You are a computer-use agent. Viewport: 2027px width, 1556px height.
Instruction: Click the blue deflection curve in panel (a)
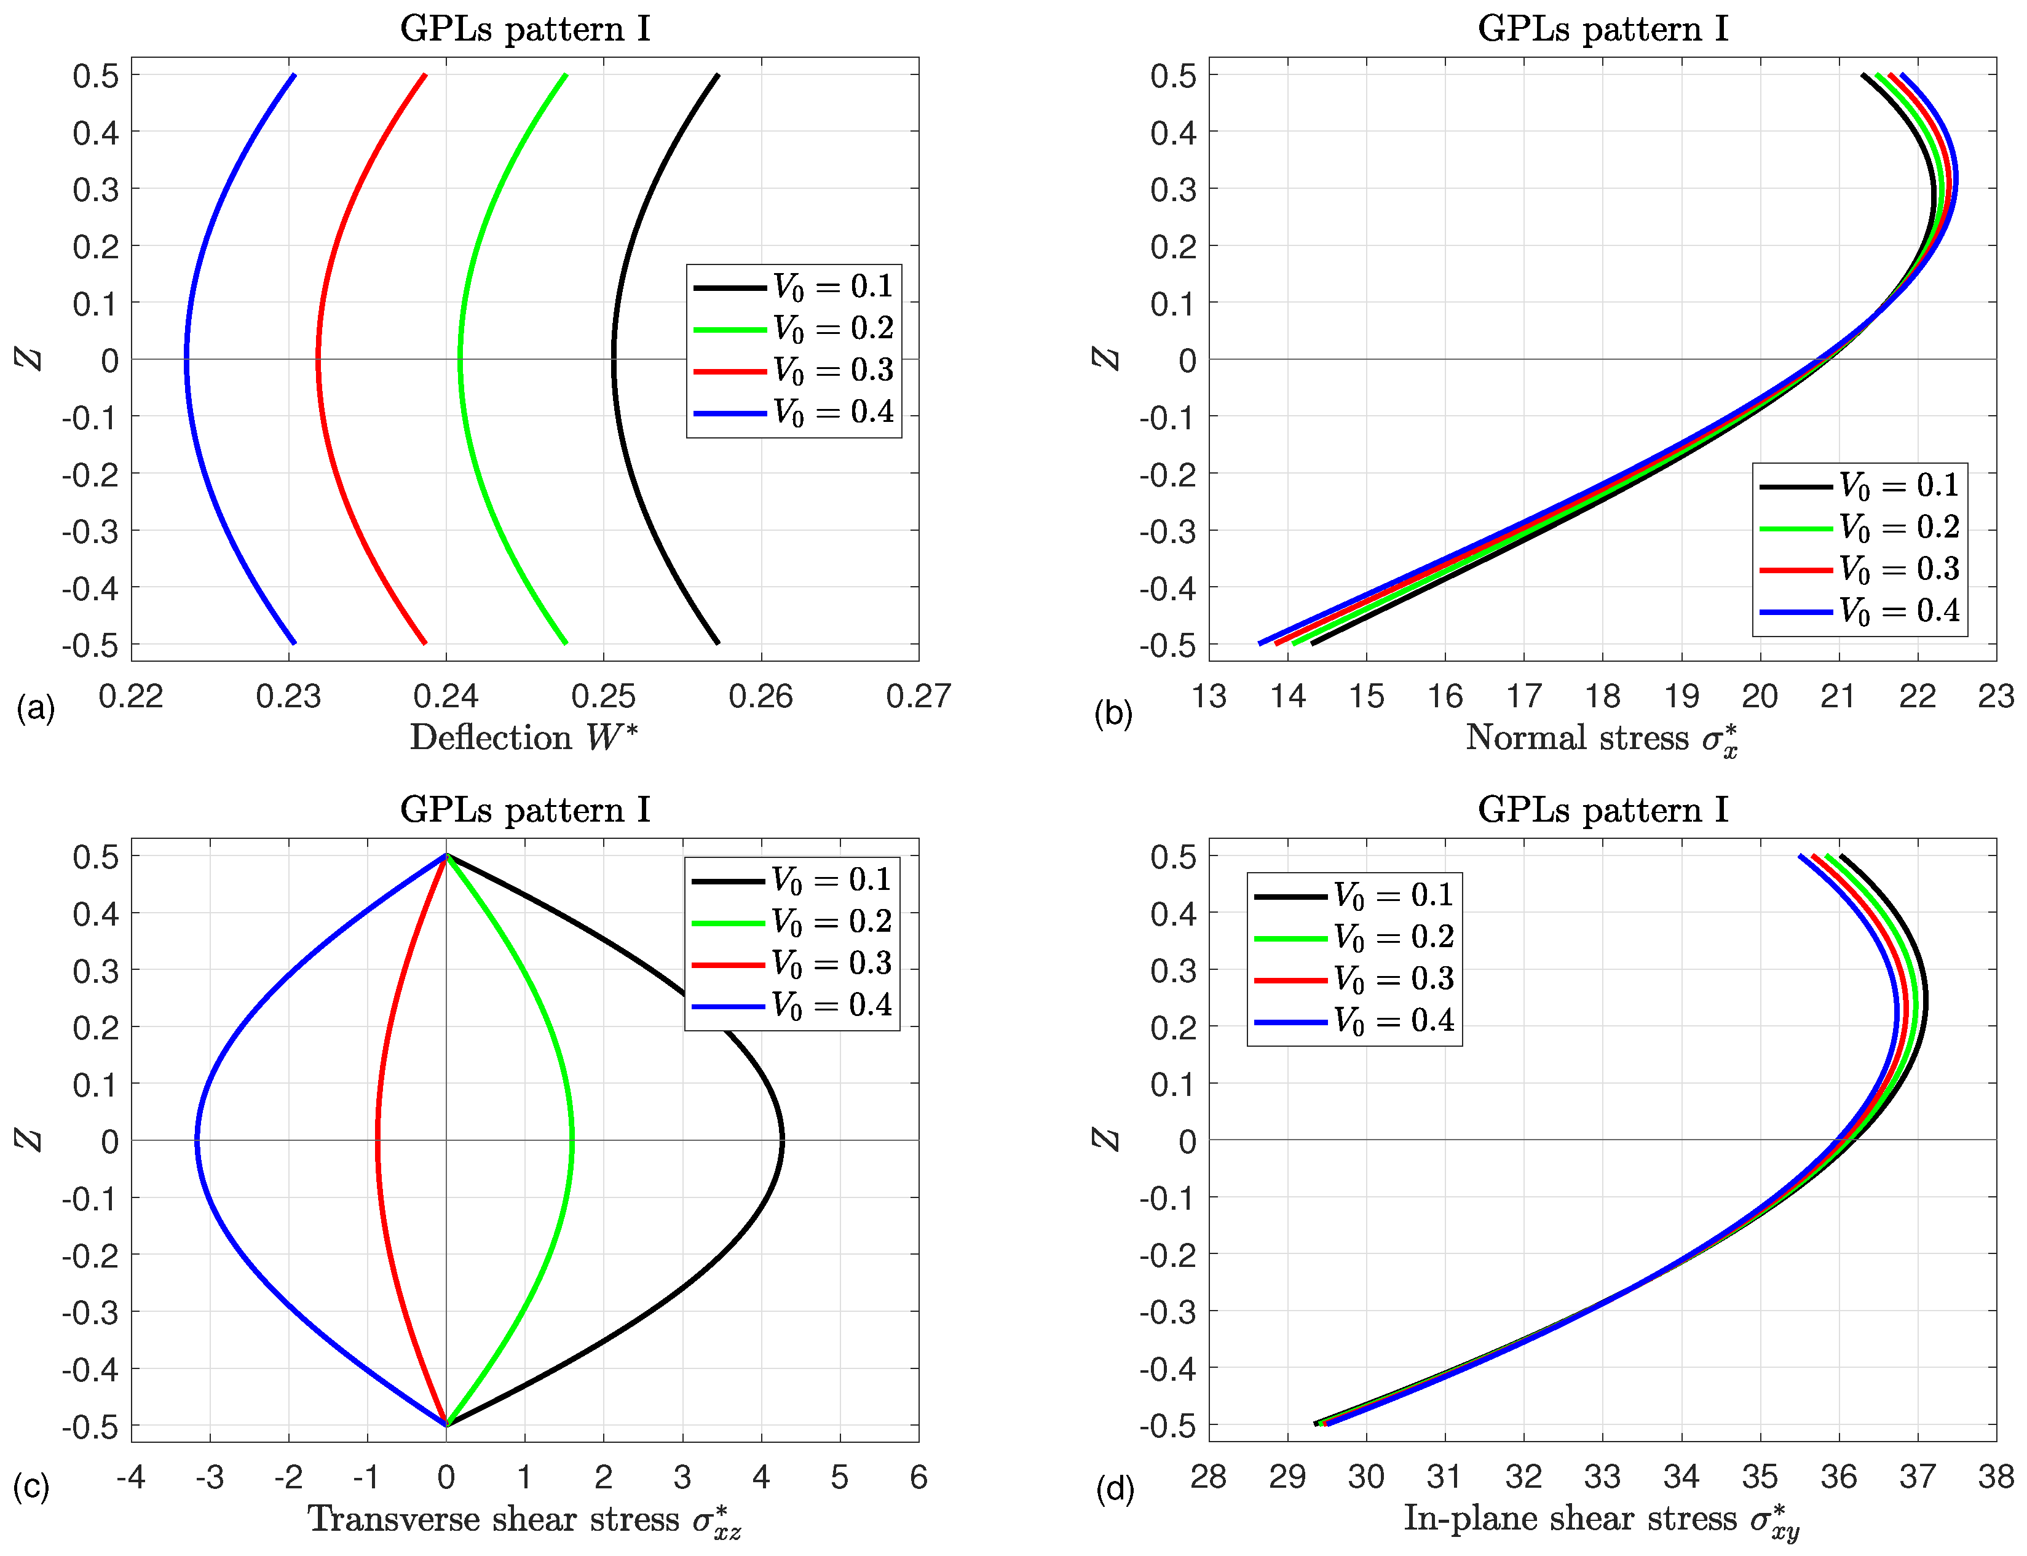[187, 359]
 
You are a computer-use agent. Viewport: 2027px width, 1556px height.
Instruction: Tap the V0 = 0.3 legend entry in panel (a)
[794, 370]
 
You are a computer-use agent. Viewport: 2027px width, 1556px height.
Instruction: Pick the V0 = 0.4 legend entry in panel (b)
[1859, 611]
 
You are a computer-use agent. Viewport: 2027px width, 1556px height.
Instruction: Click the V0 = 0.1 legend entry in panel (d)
[1354, 895]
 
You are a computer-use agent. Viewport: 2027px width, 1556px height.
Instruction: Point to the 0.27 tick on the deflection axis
[918, 696]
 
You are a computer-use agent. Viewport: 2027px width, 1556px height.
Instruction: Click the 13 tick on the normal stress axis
[1209, 696]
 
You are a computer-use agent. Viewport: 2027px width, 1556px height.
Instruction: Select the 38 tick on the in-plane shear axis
[1996, 1477]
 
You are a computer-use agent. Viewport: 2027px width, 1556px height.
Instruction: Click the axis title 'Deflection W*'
[524, 738]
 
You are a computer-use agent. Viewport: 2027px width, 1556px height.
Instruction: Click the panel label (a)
[35, 710]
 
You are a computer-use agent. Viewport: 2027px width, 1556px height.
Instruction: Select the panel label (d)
[1114, 1490]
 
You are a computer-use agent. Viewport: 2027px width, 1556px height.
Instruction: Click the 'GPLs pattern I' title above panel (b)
[1602, 29]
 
